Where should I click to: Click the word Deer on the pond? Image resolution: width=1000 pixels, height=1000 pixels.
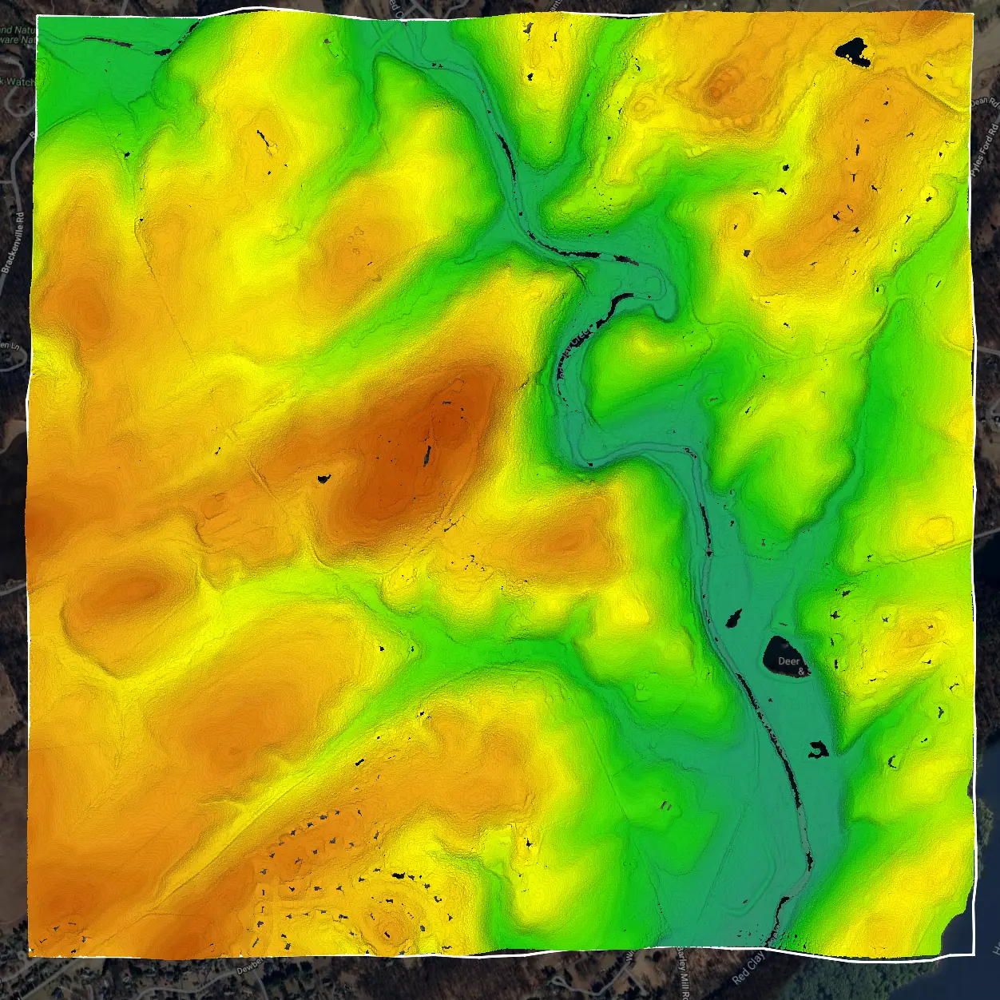click(788, 661)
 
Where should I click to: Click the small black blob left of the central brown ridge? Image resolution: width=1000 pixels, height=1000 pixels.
click(323, 479)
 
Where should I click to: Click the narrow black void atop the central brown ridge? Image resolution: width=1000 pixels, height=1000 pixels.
click(427, 455)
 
